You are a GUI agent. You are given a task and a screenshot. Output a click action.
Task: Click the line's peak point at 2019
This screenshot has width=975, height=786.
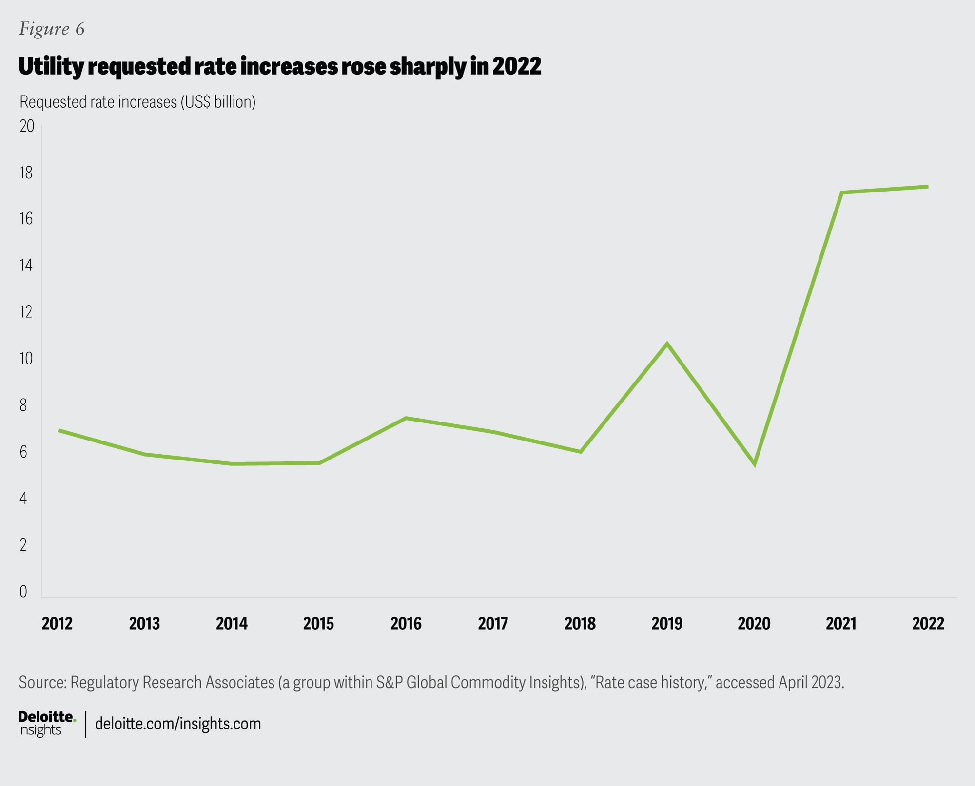[x=667, y=344]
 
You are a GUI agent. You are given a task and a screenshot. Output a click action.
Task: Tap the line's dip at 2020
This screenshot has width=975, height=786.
[x=754, y=464]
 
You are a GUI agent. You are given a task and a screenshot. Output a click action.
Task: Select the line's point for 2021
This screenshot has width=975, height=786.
[x=841, y=193]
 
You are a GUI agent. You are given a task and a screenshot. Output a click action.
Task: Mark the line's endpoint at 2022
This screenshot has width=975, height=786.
[x=927, y=187]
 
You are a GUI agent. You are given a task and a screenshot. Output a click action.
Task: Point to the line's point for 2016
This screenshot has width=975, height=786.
[x=406, y=418]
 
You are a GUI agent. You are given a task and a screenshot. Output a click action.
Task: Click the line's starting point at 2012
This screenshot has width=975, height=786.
[x=59, y=430]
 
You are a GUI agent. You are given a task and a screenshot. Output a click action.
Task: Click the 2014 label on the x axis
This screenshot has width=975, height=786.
[x=232, y=623]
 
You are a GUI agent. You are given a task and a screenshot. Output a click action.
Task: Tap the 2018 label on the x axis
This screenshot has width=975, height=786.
[x=580, y=623]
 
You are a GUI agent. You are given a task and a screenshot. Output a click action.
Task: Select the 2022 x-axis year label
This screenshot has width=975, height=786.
[x=928, y=623]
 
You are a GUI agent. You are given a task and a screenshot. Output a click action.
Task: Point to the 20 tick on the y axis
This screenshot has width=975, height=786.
[x=27, y=126]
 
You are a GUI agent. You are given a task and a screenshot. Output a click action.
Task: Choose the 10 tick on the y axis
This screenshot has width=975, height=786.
[x=26, y=359]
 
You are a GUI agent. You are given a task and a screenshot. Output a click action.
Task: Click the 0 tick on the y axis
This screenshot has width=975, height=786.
[x=23, y=592]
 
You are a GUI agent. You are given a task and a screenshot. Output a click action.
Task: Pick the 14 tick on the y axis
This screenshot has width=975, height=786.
[x=26, y=265]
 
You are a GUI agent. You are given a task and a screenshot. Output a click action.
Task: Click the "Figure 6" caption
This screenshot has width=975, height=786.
[x=52, y=29]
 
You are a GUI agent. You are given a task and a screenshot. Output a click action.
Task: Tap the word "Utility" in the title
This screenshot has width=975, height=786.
[x=51, y=66]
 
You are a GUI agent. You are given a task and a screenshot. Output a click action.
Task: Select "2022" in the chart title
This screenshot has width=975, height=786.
[x=516, y=66]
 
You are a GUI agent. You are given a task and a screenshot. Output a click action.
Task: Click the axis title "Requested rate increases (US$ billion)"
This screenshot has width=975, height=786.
[x=137, y=102]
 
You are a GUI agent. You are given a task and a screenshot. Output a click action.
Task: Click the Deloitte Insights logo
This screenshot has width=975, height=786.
[x=47, y=724]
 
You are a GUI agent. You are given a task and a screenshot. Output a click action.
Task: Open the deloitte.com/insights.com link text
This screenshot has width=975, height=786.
[x=178, y=724]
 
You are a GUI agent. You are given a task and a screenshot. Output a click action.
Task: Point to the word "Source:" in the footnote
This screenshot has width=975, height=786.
[x=42, y=682]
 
